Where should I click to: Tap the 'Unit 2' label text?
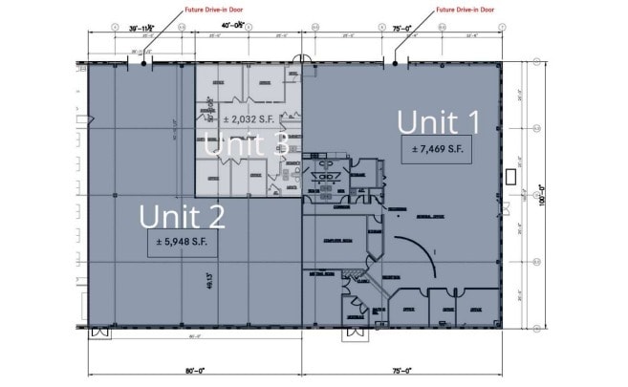point(182,216)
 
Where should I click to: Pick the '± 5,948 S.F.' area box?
point(182,243)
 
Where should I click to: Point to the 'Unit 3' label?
point(246,145)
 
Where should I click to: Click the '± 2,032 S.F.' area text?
point(251,119)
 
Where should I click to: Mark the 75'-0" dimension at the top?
point(401,29)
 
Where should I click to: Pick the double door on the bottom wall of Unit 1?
point(355,333)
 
